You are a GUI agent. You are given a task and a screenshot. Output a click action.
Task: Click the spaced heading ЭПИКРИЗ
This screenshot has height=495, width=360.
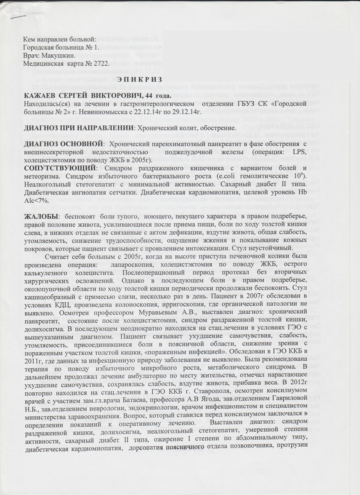[146, 80]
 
